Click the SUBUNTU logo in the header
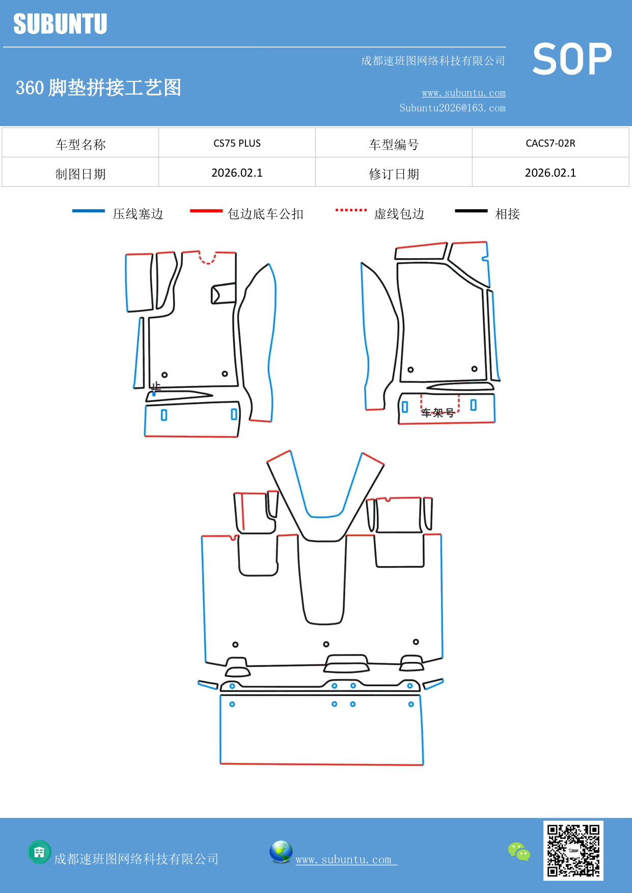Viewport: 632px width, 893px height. tap(60, 24)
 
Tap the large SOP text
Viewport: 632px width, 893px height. tap(572, 59)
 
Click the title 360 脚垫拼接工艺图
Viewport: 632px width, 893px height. tap(98, 88)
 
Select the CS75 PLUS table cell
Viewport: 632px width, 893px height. tap(237, 143)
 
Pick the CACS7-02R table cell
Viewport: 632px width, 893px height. tap(550, 143)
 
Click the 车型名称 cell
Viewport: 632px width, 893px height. tap(80, 145)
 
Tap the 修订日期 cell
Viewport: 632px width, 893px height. tap(394, 174)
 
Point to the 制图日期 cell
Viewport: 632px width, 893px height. tap(80, 174)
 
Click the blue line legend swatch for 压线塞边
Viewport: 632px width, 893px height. tap(88, 211)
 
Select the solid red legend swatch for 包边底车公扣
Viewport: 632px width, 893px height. tap(206, 211)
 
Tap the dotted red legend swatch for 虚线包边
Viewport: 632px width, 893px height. tap(351, 210)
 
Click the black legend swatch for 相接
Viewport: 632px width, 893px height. tap(471, 211)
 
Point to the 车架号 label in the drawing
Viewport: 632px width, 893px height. tap(437, 412)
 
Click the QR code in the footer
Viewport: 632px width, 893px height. tap(573, 850)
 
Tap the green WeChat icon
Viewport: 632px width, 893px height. tap(519, 851)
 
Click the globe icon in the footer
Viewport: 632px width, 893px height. tap(281, 852)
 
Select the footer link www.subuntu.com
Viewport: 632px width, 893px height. tap(344, 859)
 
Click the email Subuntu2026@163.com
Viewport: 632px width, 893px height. tap(452, 108)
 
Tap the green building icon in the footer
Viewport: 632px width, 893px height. tap(39, 852)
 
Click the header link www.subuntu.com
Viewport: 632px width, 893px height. tap(463, 93)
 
